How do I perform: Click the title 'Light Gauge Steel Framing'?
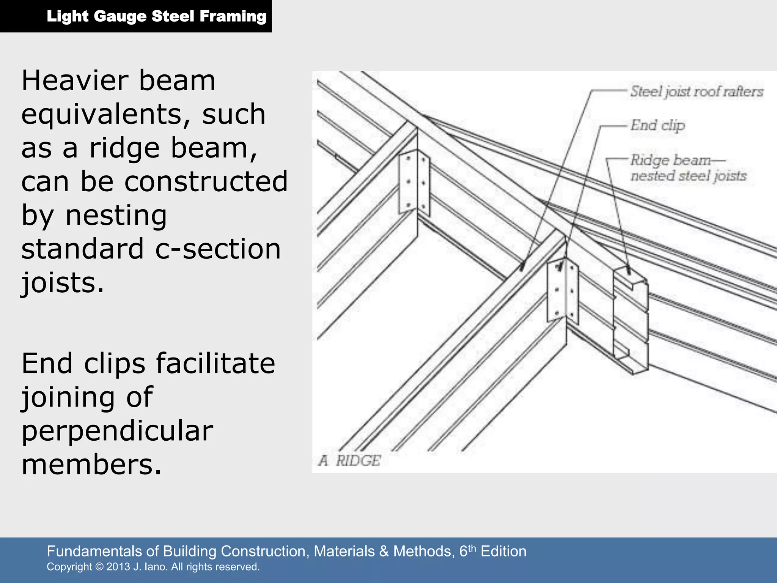(x=156, y=16)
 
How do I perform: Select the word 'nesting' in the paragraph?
(x=116, y=216)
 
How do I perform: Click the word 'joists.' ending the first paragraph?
(x=62, y=283)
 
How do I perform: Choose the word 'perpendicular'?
(x=117, y=431)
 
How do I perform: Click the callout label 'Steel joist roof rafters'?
(x=697, y=91)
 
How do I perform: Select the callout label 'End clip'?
(x=657, y=125)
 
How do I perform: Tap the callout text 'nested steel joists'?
(x=688, y=176)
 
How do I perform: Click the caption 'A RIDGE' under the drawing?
(x=349, y=461)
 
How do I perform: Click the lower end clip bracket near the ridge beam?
(x=562, y=290)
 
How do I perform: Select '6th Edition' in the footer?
(x=493, y=551)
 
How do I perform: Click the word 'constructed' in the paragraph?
(x=206, y=182)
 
